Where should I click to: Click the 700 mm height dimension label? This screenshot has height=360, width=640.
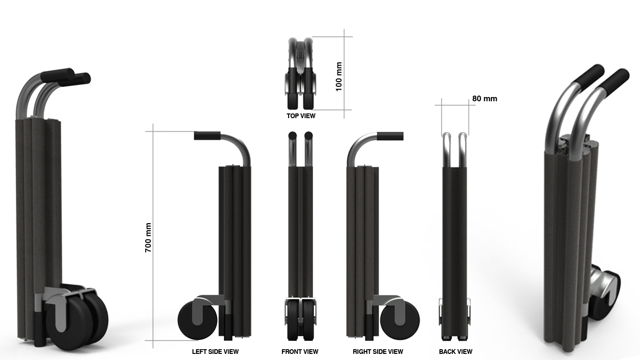click(148, 238)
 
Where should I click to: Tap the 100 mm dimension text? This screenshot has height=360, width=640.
click(339, 76)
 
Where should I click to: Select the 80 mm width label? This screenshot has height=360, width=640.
click(484, 99)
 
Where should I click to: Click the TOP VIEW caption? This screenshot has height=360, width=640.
click(301, 116)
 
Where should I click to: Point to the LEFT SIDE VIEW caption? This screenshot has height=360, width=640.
click(215, 352)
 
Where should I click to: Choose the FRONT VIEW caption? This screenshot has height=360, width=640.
click(300, 352)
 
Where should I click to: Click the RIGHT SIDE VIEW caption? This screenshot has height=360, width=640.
click(378, 352)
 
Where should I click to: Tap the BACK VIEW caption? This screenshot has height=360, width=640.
click(455, 352)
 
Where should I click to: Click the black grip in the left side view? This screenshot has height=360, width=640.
click(207, 136)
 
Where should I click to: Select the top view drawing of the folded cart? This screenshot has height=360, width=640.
click(300, 73)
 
